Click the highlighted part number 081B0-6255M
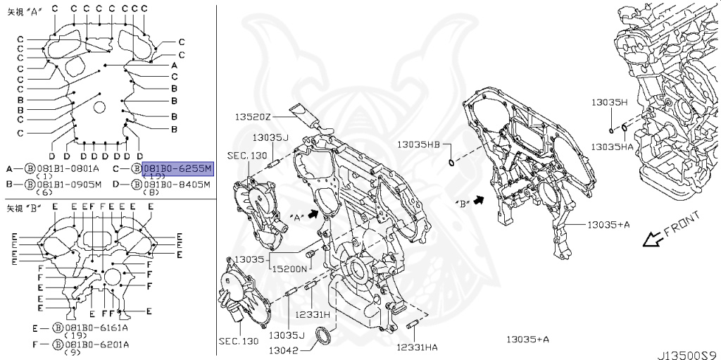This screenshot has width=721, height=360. [x=177, y=169]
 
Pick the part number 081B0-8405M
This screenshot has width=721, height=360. [x=177, y=184]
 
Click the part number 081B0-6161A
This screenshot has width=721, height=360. [x=93, y=328]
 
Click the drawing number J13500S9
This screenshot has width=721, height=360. [x=686, y=354]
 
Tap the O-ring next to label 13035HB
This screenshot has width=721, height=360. [x=451, y=164]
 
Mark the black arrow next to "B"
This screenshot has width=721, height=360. [x=480, y=201]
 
